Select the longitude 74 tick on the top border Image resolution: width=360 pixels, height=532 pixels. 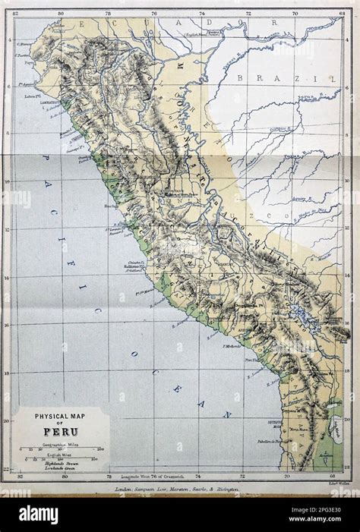tap(201, 13)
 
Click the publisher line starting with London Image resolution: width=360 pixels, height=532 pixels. tap(177, 491)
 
